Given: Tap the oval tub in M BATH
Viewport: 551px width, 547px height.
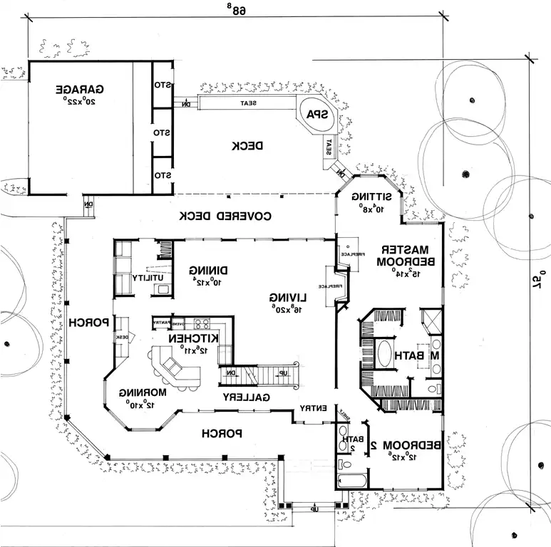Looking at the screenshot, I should (386, 354).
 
